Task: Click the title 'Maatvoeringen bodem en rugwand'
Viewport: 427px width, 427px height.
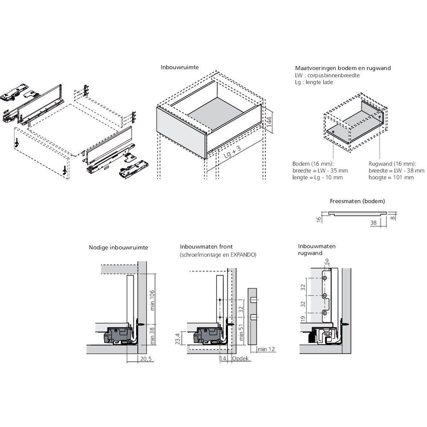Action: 343,68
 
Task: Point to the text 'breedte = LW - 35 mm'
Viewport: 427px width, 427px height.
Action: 320,170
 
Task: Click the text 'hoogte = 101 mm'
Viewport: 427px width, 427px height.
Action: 391,177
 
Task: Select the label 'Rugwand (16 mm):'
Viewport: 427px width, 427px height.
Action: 392,164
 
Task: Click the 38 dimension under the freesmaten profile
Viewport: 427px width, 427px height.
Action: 373,222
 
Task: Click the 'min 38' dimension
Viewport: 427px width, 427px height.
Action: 152,335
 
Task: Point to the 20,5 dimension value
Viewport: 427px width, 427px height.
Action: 146,359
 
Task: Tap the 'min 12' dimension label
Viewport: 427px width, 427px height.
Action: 266,349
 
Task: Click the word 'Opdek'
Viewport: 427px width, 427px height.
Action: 240,359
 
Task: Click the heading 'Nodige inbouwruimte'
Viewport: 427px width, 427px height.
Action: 118,247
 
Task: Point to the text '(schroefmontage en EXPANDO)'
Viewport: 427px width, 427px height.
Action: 218,254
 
